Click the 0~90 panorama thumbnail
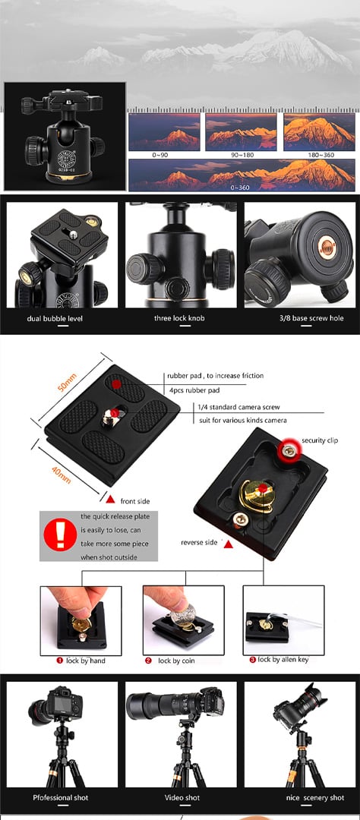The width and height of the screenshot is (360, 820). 164,131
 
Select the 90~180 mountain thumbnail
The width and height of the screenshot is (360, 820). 242,131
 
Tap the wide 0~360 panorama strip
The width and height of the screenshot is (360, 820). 242,175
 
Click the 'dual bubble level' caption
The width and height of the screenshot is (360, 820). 55,318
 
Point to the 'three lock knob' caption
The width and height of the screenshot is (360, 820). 179,318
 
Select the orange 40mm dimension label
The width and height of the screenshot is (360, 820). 62,475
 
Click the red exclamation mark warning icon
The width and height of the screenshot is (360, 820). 60,535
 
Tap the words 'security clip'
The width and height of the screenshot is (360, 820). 320,440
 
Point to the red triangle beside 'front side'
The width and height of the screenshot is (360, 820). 110,498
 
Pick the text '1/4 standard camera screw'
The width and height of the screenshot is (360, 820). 238,407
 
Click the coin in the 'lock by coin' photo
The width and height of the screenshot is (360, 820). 182,616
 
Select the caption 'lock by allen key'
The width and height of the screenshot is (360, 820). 283,660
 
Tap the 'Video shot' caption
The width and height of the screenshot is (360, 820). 182,797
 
